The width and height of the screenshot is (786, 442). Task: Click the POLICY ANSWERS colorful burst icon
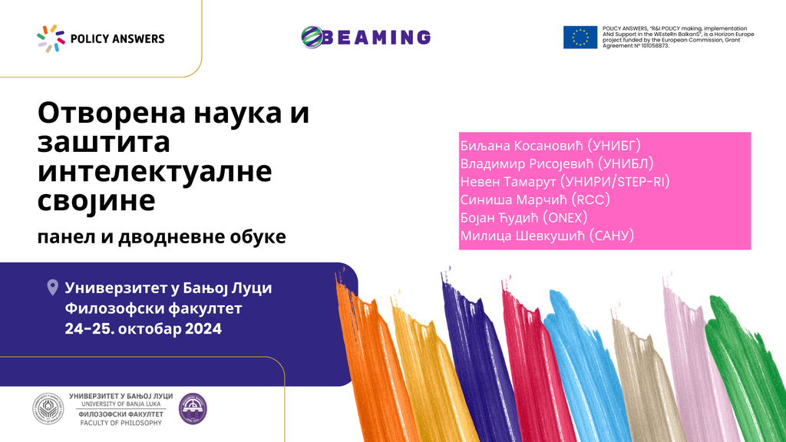tap(51, 38)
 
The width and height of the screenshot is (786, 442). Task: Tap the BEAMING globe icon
tap(312, 37)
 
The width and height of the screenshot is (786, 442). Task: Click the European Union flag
tap(580, 37)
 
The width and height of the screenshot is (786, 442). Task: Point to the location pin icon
tap(53, 288)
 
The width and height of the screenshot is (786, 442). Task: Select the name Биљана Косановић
tap(521, 146)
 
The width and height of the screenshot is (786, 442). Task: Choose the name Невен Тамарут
tap(508, 182)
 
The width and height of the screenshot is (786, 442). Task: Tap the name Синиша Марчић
tap(514, 200)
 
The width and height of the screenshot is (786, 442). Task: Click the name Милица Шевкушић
tap(522, 236)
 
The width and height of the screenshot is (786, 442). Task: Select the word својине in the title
tap(96, 201)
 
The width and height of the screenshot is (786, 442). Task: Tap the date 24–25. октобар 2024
tap(144, 328)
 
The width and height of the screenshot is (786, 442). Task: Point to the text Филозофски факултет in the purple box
tap(154, 308)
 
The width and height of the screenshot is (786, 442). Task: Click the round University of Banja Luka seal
tap(48, 409)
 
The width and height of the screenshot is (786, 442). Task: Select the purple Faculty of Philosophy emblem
tap(193, 409)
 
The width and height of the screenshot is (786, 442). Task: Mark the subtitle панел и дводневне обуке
tap(161, 236)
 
